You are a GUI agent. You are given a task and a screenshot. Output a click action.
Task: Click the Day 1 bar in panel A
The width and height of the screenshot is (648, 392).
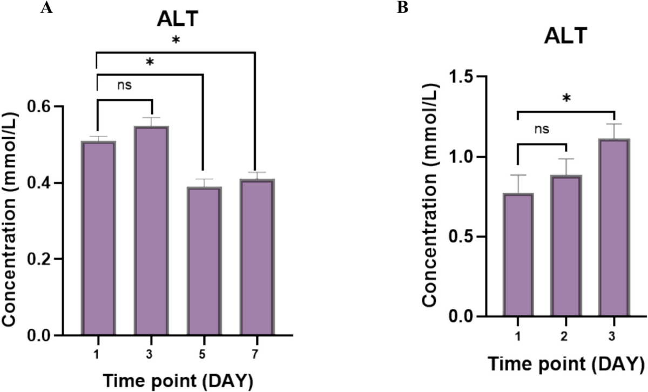coord(98,238)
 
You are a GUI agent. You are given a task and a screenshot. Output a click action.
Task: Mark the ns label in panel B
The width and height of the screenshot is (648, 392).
coord(542,130)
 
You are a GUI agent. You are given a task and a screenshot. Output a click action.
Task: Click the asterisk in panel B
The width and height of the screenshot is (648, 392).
coord(566,99)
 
